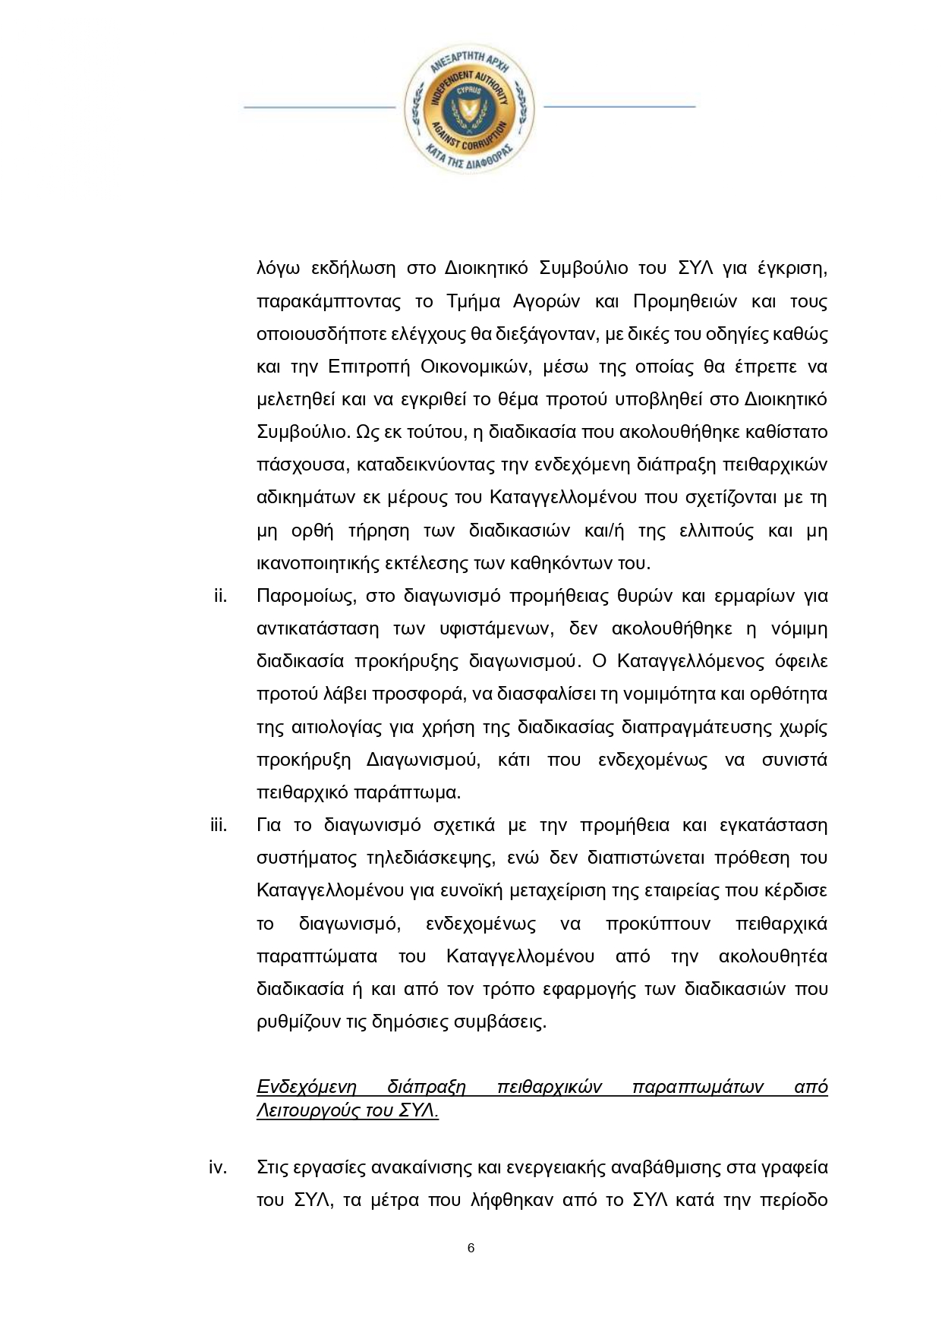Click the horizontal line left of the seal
(x=319, y=107)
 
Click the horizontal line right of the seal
(x=619, y=107)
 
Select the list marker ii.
(x=220, y=596)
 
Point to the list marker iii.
(x=219, y=825)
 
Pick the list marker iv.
(x=219, y=1168)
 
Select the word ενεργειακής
(x=548, y=1168)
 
